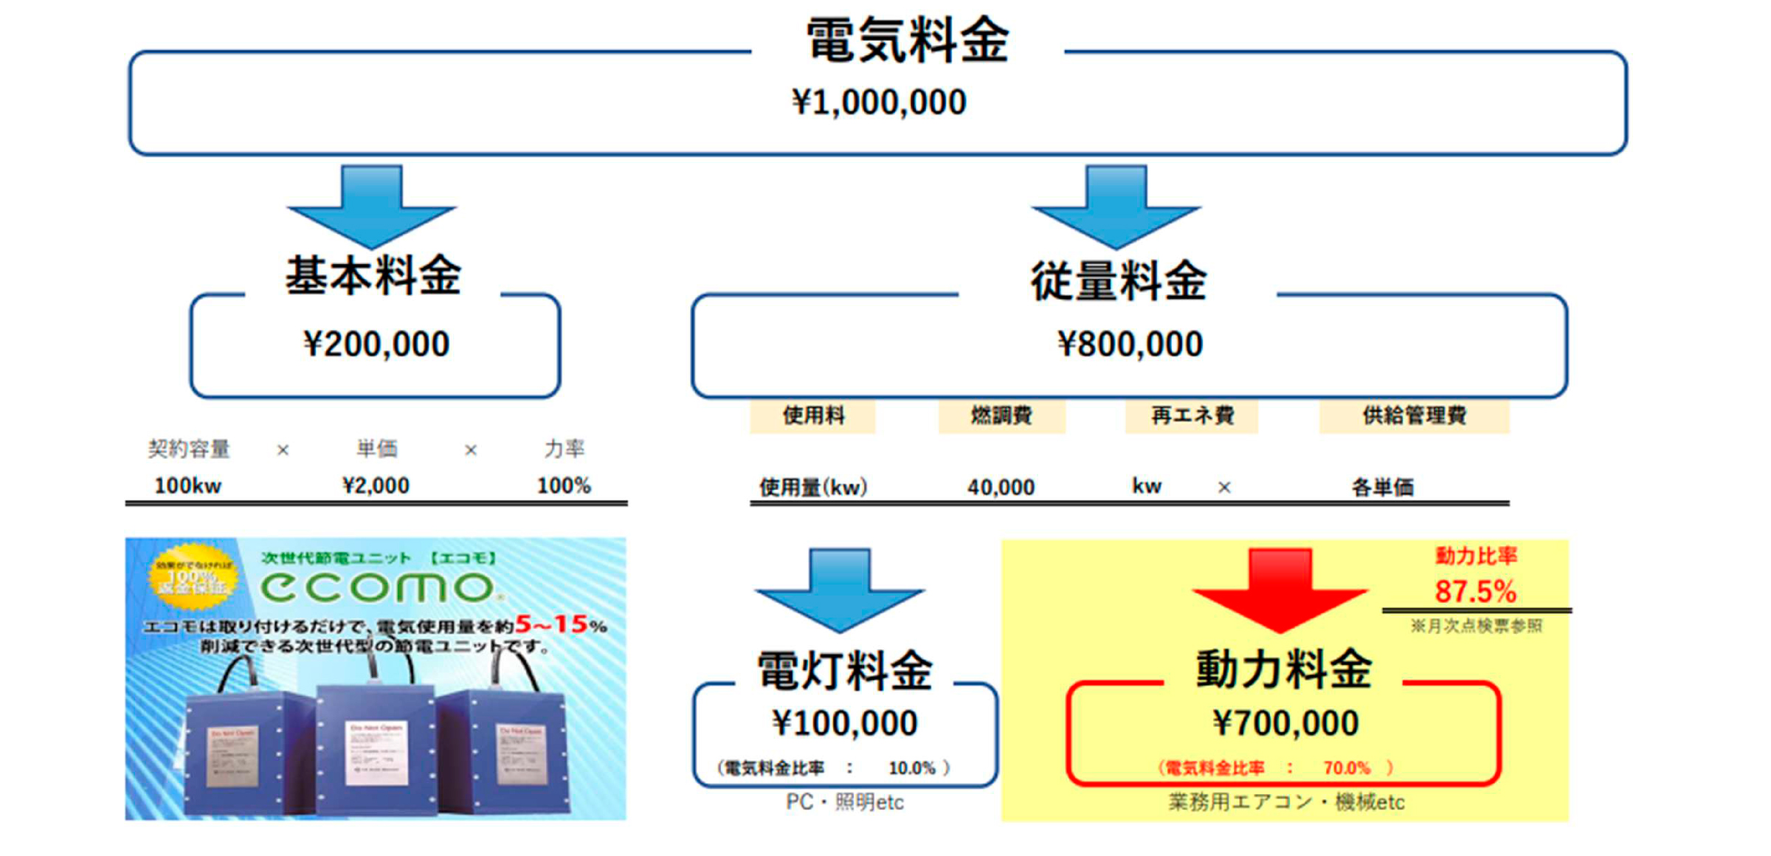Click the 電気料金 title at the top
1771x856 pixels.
coord(907,41)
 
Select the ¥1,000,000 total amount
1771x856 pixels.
coord(878,103)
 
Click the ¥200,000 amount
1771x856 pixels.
coord(376,345)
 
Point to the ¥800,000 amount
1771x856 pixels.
coord(1130,345)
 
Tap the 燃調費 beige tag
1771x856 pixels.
coord(1001,416)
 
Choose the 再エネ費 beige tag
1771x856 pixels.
coord(1192,416)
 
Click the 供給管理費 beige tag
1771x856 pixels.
coord(1414,416)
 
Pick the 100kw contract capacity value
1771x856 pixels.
coord(187,486)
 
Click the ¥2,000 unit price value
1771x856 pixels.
coord(376,486)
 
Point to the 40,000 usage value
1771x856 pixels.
coord(1001,487)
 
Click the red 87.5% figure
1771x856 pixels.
coord(1475,591)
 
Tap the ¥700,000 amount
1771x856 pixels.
coord(1285,723)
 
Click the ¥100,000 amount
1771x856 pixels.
coord(845,723)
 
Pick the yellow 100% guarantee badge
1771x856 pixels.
coord(193,576)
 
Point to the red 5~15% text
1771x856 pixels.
coord(561,625)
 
